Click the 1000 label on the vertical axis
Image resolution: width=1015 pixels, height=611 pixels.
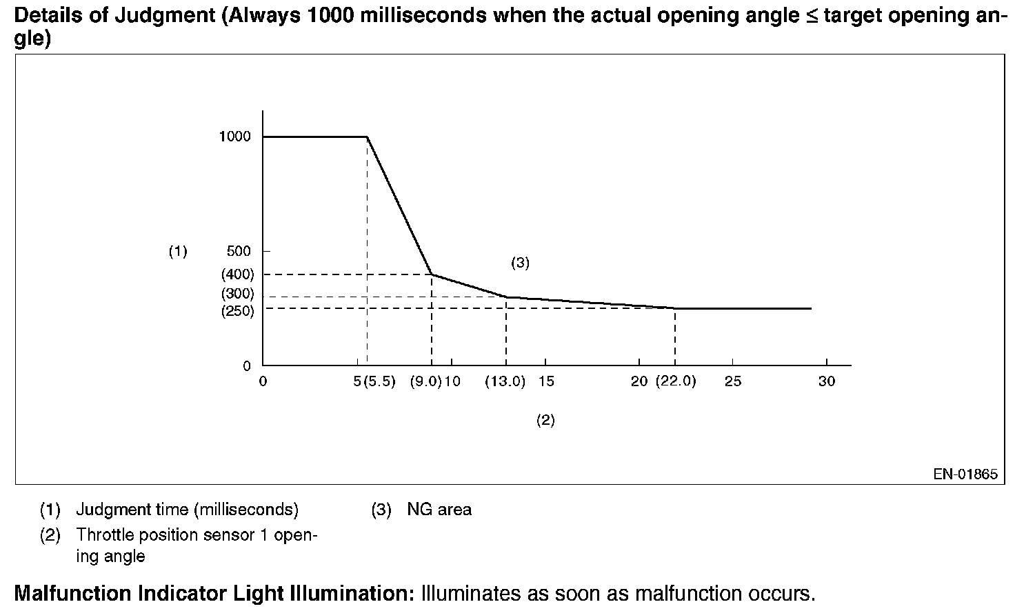(234, 137)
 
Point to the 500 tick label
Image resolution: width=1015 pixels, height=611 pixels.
(239, 251)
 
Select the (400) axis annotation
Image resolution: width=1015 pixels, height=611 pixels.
(237, 274)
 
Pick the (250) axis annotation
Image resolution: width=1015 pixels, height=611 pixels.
(237, 311)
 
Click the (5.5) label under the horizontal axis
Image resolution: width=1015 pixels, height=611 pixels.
(379, 381)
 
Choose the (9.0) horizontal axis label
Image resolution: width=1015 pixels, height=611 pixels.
(425, 381)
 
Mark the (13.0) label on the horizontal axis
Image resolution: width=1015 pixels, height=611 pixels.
(505, 381)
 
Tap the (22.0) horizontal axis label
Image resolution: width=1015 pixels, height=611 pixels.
(675, 381)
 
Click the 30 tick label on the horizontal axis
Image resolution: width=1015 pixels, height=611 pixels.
(826, 381)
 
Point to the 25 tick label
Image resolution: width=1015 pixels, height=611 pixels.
(733, 381)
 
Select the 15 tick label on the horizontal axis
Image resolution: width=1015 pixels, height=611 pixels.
(546, 381)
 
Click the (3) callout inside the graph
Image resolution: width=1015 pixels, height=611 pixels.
(520, 263)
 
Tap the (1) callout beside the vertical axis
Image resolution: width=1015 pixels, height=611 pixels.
(178, 252)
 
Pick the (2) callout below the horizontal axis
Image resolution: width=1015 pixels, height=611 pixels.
(545, 420)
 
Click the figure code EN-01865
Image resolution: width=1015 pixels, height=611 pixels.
(965, 474)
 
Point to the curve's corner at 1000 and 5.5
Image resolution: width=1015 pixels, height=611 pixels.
(367, 137)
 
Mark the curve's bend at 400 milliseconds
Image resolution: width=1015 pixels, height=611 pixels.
(432, 274)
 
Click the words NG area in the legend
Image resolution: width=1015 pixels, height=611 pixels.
(439, 510)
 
